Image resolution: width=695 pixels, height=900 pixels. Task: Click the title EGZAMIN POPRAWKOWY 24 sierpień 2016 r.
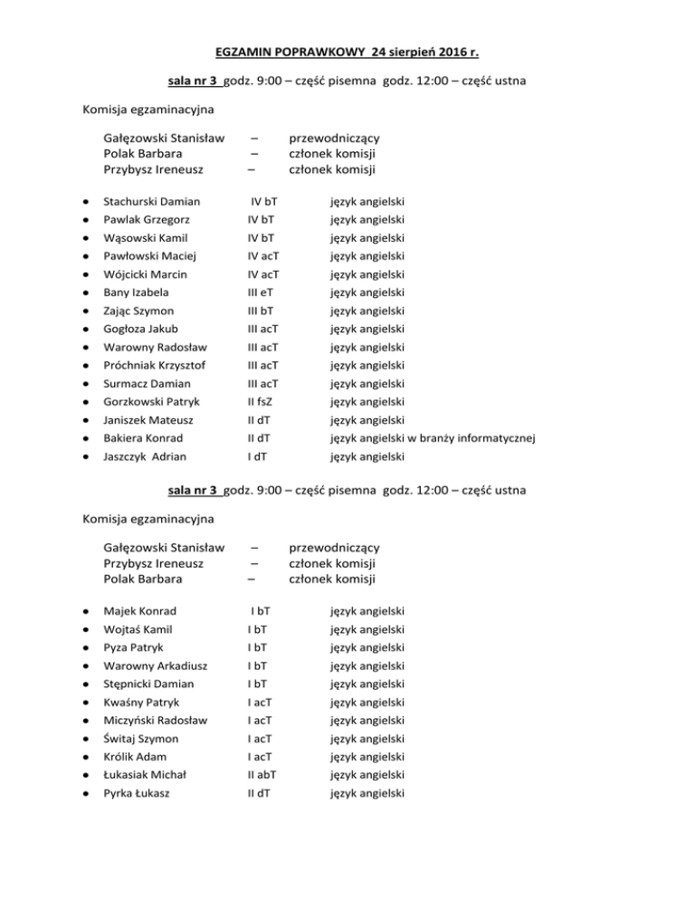coord(347,47)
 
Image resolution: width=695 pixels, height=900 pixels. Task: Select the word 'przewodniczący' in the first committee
coord(333,139)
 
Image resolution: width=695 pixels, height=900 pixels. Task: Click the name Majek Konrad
coord(140,611)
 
